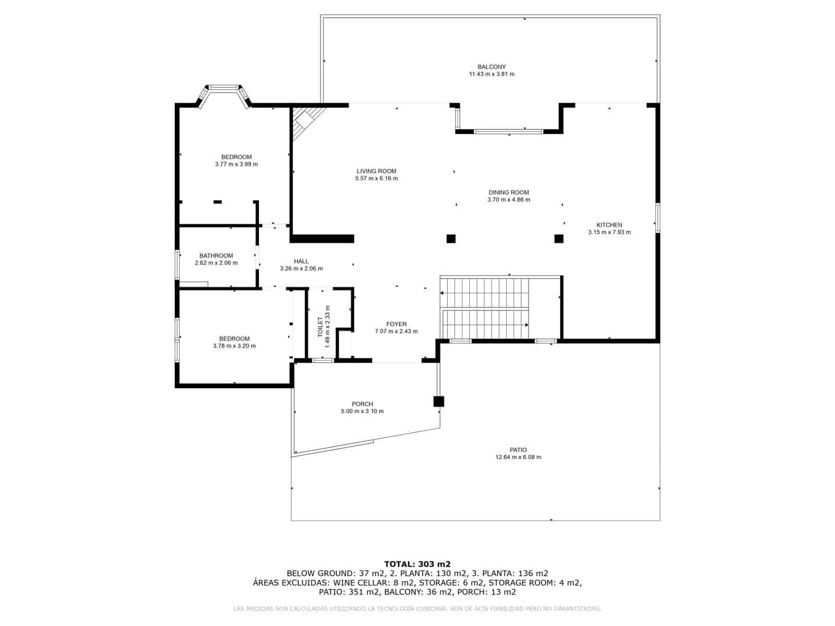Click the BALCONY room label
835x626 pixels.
click(x=491, y=67)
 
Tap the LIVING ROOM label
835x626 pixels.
click(x=376, y=171)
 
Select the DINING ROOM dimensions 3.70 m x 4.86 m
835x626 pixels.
click(x=508, y=200)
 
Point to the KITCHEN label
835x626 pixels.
click(x=609, y=225)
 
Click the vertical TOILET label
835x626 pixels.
click(x=320, y=327)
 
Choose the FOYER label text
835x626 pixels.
click(x=396, y=324)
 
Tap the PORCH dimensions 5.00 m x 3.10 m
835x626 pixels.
click(x=362, y=411)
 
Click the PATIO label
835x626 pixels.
click(x=518, y=450)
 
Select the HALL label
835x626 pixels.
click(x=301, y=261)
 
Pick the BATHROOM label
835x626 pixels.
click(x=216, y=256)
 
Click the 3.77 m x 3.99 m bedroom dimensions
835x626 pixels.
click(x=236, y=164)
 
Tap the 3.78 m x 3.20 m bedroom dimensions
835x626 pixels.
click(x=234, y=346)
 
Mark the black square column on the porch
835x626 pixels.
click(x=438, y=401)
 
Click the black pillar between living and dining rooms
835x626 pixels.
click(x=451, y=239)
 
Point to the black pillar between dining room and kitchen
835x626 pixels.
click(x=558, y=239)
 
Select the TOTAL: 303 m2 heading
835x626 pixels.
click(x=417, y=564)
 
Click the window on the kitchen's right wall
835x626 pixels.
click(x=658, y=218)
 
